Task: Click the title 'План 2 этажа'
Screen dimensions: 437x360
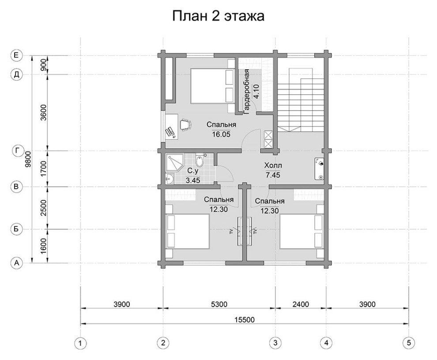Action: (218, 16)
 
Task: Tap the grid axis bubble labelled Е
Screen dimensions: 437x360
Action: (16, 55)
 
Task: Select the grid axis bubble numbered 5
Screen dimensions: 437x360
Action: (409, 343)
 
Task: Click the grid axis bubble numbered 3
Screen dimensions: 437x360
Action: (275, 343)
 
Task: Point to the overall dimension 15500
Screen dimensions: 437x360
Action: (244, 319)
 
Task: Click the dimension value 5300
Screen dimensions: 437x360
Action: (219, 304)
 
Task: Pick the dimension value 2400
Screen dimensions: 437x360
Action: (301, 304)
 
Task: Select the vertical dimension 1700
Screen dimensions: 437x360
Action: (43, 169)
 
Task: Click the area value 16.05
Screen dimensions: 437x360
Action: (221, 134)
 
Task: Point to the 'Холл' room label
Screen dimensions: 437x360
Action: (273, 165)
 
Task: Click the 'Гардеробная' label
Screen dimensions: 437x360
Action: (246, 92)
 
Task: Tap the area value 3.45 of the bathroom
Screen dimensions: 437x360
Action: (193, 180)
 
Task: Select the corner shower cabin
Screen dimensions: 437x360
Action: (174, 163)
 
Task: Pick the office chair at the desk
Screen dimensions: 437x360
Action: (185, 124)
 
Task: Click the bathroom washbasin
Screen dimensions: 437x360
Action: (170, 179)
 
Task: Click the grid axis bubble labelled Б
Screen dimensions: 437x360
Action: (16, 229)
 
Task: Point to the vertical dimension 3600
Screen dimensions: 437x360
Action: (43, 112)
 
